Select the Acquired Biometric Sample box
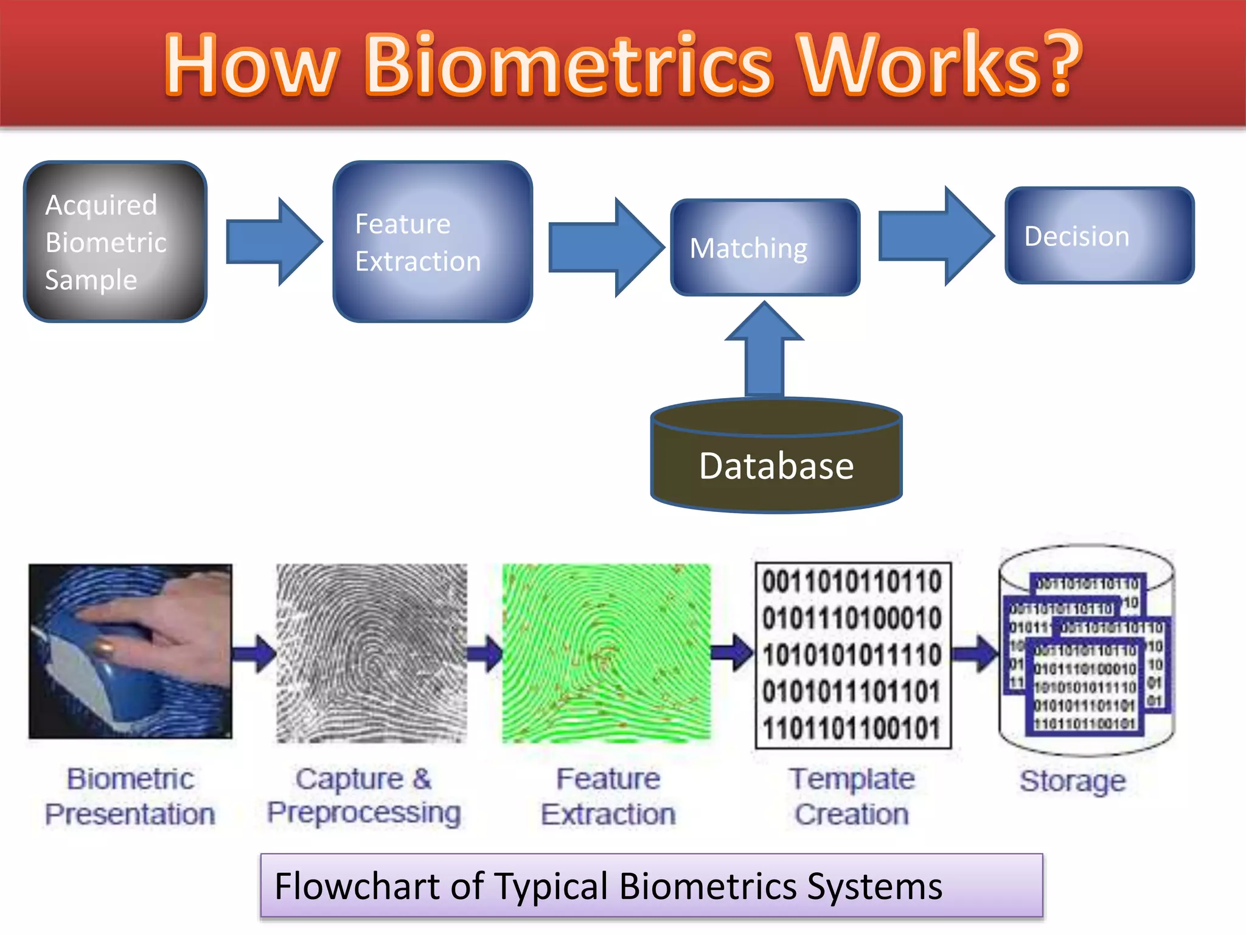115,242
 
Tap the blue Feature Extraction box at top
433,242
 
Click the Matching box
765,248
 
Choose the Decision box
1099,236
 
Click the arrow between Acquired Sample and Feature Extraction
273,242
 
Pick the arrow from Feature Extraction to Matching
605,247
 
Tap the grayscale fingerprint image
372,653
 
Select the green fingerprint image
606,653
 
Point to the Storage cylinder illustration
1087,650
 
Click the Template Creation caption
852,796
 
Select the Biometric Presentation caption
130,796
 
